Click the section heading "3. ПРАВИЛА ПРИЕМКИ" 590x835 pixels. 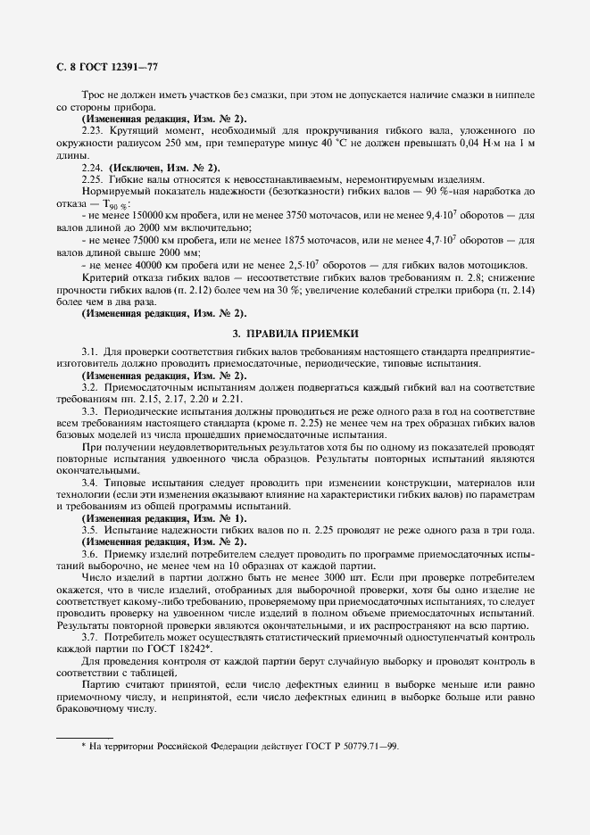295,333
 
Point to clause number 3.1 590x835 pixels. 89,351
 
